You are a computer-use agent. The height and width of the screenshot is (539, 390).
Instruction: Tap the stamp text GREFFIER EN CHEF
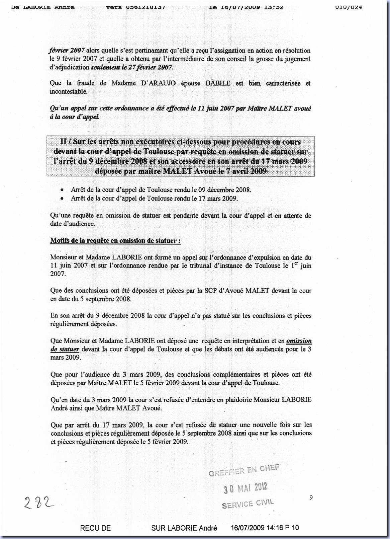(x=244, y=470)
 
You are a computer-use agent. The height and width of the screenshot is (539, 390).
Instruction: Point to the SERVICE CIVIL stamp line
(x=248, y=504)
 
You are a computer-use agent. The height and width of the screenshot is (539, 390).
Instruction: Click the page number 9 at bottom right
(x=311, y=498)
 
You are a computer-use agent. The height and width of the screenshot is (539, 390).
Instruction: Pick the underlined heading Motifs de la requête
(x=115, y=241)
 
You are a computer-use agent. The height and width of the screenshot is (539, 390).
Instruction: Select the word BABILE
(x=218, y=83)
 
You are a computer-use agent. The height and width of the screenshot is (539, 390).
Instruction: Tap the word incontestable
(x=69, y=92)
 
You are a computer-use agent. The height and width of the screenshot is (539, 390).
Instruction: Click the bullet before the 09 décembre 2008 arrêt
(x=62, y=190)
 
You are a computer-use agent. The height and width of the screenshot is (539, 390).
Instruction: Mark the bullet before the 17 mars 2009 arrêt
(x=62, y=198)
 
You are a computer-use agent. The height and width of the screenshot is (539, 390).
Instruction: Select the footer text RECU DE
(x=95, y=528)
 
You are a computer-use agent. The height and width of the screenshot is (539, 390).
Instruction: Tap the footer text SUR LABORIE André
(x=184, y=528)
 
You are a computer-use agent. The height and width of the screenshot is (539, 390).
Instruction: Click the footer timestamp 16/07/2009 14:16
(x=257, y=528)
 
